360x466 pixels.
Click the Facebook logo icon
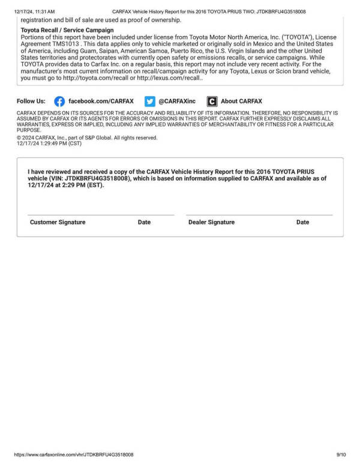point(59,101)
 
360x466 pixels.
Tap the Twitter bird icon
point(150,101)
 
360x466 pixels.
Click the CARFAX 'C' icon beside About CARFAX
point(212,101)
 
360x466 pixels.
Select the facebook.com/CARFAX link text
point(101,101)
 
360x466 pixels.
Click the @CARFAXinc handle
point(177,101)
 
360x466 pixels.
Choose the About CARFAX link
point(241,101)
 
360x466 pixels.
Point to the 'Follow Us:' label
point(31,101)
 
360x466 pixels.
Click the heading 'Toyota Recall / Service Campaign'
point(67,30)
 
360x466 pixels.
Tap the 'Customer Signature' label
point(58,222)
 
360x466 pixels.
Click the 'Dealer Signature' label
point(211,222)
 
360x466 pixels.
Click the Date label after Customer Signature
point(144,222)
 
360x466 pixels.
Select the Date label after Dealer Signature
point(302,222)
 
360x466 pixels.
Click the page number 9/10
point(341,455)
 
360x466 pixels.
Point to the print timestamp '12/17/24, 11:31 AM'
point(35,11)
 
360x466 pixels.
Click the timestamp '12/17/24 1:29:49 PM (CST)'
point(49,144)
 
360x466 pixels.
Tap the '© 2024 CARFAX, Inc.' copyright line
point(87,138)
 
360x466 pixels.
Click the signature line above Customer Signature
point(101,215)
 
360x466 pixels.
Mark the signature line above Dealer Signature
point(259,215)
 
